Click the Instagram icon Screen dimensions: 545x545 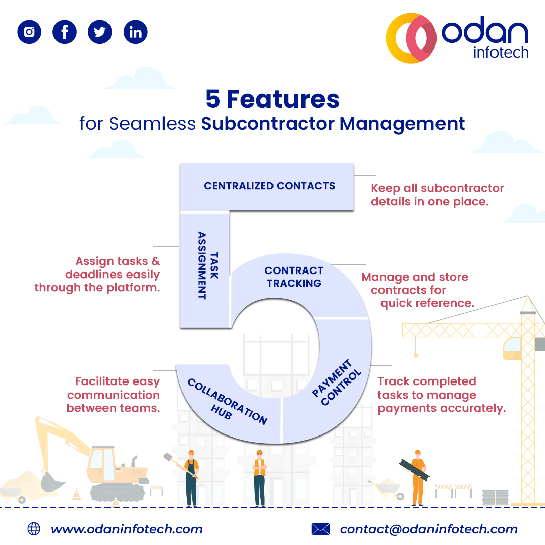pyautogui.click(x=29, y=32)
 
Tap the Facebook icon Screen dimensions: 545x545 pyautogui.click(x=65, y=32)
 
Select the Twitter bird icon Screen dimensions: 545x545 pyautogui.click(x=100, y=32)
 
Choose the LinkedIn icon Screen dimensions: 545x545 pyautogui.click(x=135, y=32)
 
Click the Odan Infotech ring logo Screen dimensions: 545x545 pyautogui.click(x=411, y=38)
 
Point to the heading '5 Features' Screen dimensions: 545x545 pyautogui.click(x=272, y=99)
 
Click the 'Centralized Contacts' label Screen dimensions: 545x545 pyautogui.click(x=269, y=186)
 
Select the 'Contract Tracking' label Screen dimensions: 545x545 pyautogui.click(x=294, y=277)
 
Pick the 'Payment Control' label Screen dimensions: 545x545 pyautogui.click(x=338, y=383)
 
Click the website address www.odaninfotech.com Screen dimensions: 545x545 pyautogui.click(x=127, y=529)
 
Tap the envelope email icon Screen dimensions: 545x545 pyautogui.click(x=320, y=529)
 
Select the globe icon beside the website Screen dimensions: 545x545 pyautogui.click(x=34, y=529)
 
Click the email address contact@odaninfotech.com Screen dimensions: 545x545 pyautogui.click(x=428, y=529)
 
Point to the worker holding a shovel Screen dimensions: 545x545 pyautogui.click(x=190, y=477)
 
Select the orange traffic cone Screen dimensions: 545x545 pyautogui.click(x=77, y=494)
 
